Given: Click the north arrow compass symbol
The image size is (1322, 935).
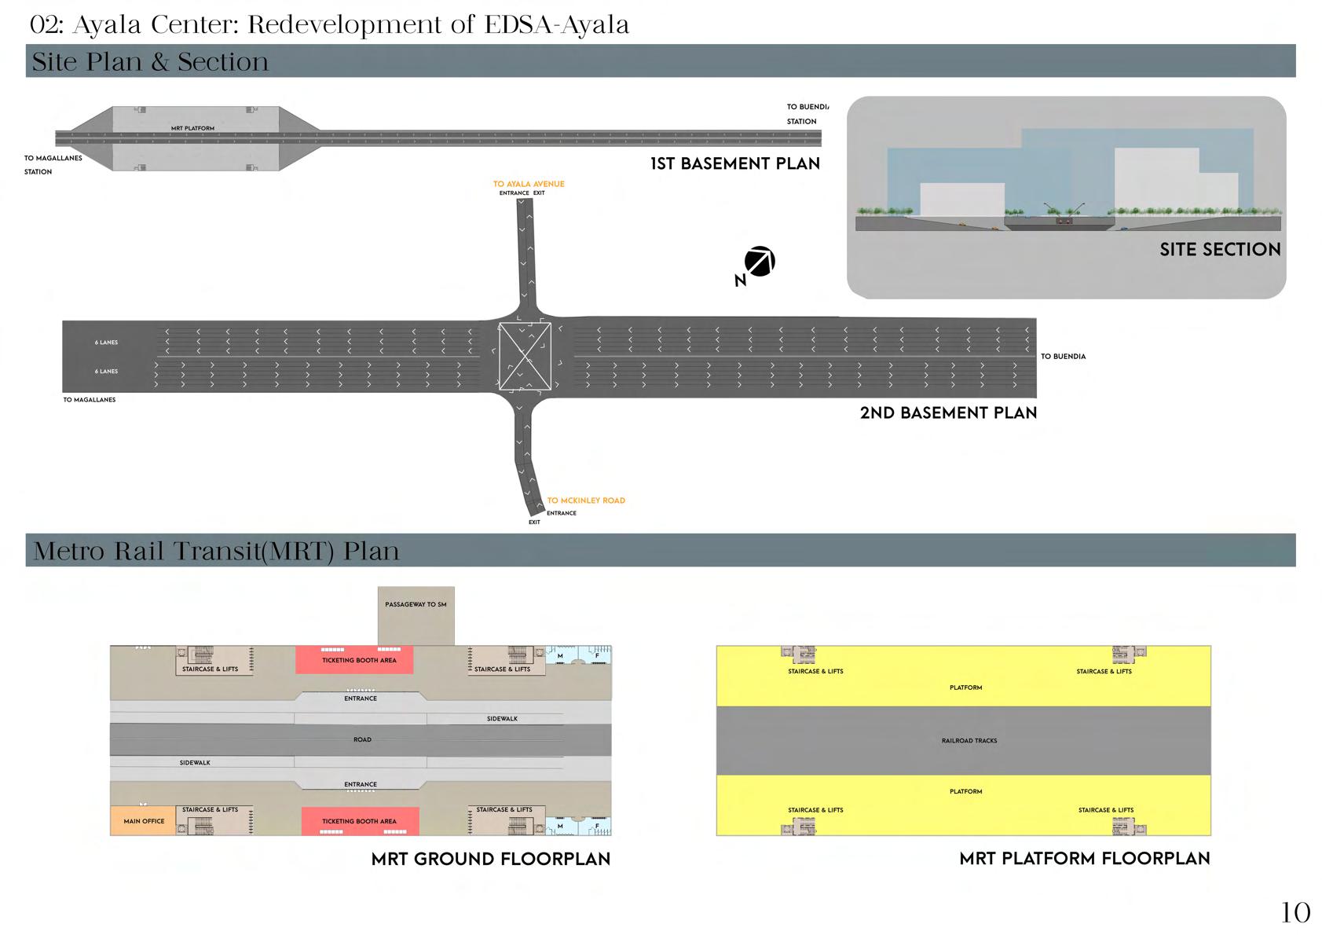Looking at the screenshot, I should pos(760,262).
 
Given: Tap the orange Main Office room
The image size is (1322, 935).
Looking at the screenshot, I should pos(144,821).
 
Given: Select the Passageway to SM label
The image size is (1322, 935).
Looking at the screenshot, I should pos(416,605).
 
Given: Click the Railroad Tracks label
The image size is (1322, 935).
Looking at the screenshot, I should pos(969,741).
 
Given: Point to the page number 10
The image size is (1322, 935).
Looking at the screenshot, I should pos(1295,913).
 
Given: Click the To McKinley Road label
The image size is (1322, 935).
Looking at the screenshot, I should pos(586,500).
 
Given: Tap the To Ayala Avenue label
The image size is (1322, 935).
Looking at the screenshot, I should pos(529,184).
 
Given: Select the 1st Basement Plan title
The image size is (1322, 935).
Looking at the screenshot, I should pos(734,164).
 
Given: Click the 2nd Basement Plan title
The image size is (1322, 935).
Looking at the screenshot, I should pos(948,413).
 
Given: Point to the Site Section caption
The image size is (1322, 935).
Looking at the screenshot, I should pos(1220,250).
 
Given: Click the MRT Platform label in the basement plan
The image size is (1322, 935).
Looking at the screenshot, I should pos(192,128).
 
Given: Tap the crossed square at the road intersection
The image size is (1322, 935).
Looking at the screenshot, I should pos(525,357).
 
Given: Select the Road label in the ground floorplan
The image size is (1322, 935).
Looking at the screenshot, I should pos(362,740).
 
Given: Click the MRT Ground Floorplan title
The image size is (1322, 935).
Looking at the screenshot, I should pos(491,860).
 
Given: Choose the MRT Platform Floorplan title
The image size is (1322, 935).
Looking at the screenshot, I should pos(1084,859).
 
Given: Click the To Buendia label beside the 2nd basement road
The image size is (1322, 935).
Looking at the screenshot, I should pos(1063,357).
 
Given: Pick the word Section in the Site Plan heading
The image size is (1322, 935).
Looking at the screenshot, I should pos(223,62).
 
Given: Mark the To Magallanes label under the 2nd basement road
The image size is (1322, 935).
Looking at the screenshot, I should pos(90,400).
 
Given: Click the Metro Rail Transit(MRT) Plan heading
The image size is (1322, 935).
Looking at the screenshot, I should pos(216,551).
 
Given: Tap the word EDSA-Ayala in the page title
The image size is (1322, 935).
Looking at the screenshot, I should pos(556,25).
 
